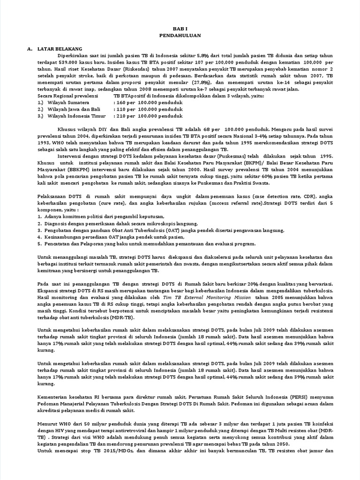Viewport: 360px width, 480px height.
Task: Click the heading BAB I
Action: tap(180, 28)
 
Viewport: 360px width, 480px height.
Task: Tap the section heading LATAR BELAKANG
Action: tap(61, 48)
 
